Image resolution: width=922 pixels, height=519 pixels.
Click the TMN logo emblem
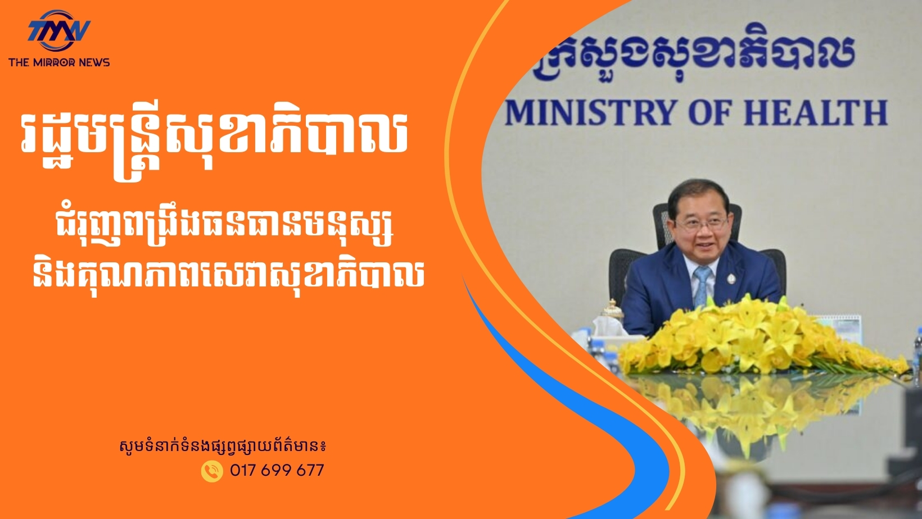59,30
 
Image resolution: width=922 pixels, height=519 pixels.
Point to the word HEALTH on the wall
816,113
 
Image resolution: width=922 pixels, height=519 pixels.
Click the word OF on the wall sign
710,113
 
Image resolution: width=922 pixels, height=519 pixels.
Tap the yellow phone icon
212,471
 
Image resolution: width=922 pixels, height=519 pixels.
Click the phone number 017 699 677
277,470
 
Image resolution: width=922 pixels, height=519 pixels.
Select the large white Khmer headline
214,142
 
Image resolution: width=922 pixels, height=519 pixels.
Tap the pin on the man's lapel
731,279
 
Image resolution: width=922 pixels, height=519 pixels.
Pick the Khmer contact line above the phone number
223,447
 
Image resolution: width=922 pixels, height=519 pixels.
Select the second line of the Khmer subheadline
228,276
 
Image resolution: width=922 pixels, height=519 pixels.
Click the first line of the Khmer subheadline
224,233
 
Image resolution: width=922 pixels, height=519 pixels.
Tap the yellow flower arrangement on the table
761,337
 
